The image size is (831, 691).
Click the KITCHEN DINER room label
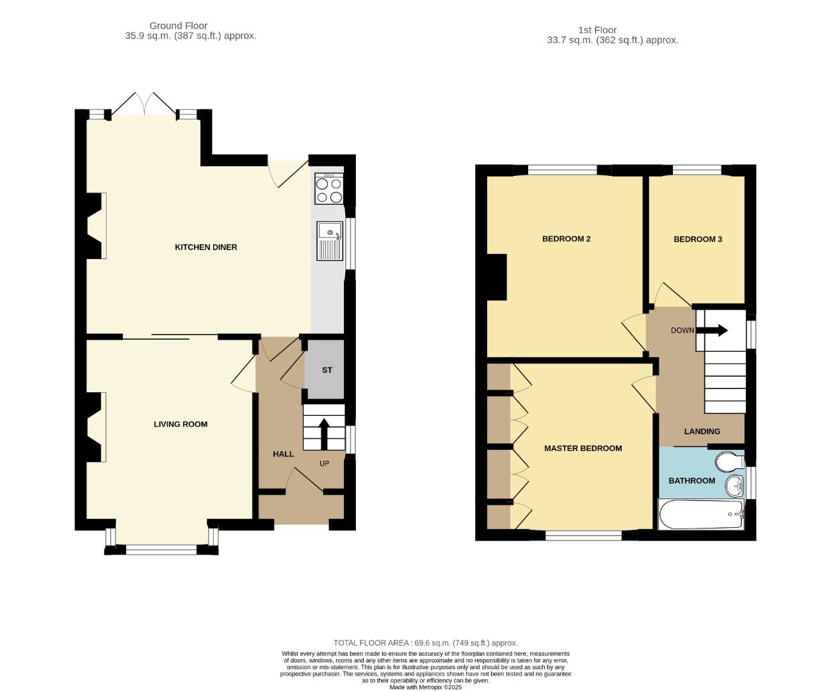click(x=206, y=247)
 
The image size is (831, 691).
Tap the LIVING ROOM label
click(x=181, y=424)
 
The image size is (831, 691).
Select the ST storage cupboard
click(x=327, y=370)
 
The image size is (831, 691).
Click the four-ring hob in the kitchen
click(x=329, y=189)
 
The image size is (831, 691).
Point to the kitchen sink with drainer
click(x=330, y=241)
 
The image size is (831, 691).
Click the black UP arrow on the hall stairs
click(x=323, y=434)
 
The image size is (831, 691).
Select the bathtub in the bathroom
click(x=701, y=514)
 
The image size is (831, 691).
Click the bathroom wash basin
click(x=735, y=486)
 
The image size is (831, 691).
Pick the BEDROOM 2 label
click(x=566, y=239)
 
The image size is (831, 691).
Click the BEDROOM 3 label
click(x=698, y=239)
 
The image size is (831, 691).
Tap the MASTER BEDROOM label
click(x=583, y=449)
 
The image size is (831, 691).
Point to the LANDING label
click(x=702, y=431)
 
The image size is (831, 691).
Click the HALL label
click(x=283, y=454)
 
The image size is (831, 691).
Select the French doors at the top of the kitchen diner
click(x=145, y=104)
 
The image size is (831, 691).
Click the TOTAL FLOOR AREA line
click(x=425, y=643)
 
